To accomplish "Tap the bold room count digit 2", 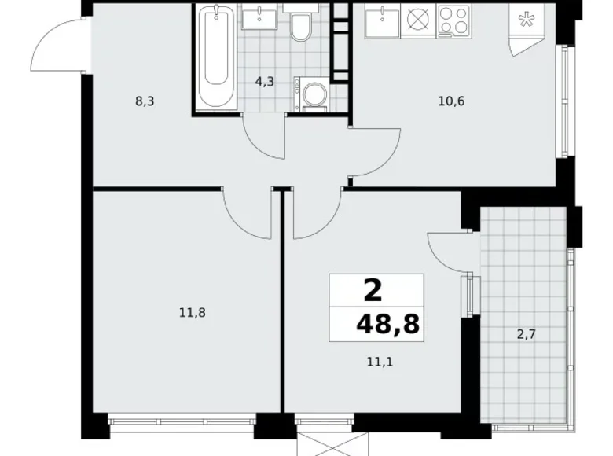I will tap(373, 291).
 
